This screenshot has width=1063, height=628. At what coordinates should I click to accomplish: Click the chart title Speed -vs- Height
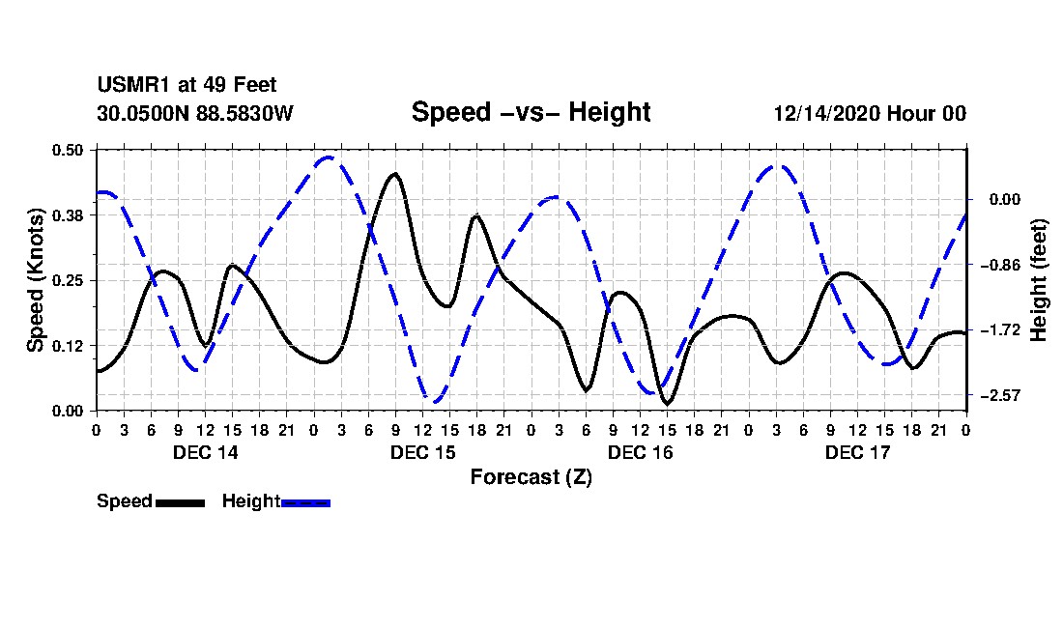531,112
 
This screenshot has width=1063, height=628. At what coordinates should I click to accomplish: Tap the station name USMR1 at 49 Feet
187,85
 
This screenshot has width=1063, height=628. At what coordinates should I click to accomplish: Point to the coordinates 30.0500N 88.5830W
194,113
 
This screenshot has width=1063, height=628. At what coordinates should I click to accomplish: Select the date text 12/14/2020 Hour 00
870,113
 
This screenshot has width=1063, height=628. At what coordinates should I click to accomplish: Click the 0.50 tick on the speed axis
69,150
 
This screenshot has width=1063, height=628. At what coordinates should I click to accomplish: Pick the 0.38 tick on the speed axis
69,214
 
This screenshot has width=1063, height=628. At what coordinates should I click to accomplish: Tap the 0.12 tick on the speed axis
69,346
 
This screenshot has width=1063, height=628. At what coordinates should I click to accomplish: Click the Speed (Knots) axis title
36,279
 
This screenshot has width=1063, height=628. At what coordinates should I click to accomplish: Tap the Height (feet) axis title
1039,279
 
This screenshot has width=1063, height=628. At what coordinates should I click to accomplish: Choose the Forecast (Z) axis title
531,476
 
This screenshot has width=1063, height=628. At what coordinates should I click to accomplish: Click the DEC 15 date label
422,452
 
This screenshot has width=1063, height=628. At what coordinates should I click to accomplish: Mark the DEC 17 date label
857,452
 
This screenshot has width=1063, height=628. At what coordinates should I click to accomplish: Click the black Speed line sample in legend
180,502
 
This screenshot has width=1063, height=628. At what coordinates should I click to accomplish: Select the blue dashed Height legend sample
305,502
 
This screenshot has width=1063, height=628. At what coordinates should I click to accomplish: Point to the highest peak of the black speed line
394,174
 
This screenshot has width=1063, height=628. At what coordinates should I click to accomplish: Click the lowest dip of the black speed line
667,403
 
